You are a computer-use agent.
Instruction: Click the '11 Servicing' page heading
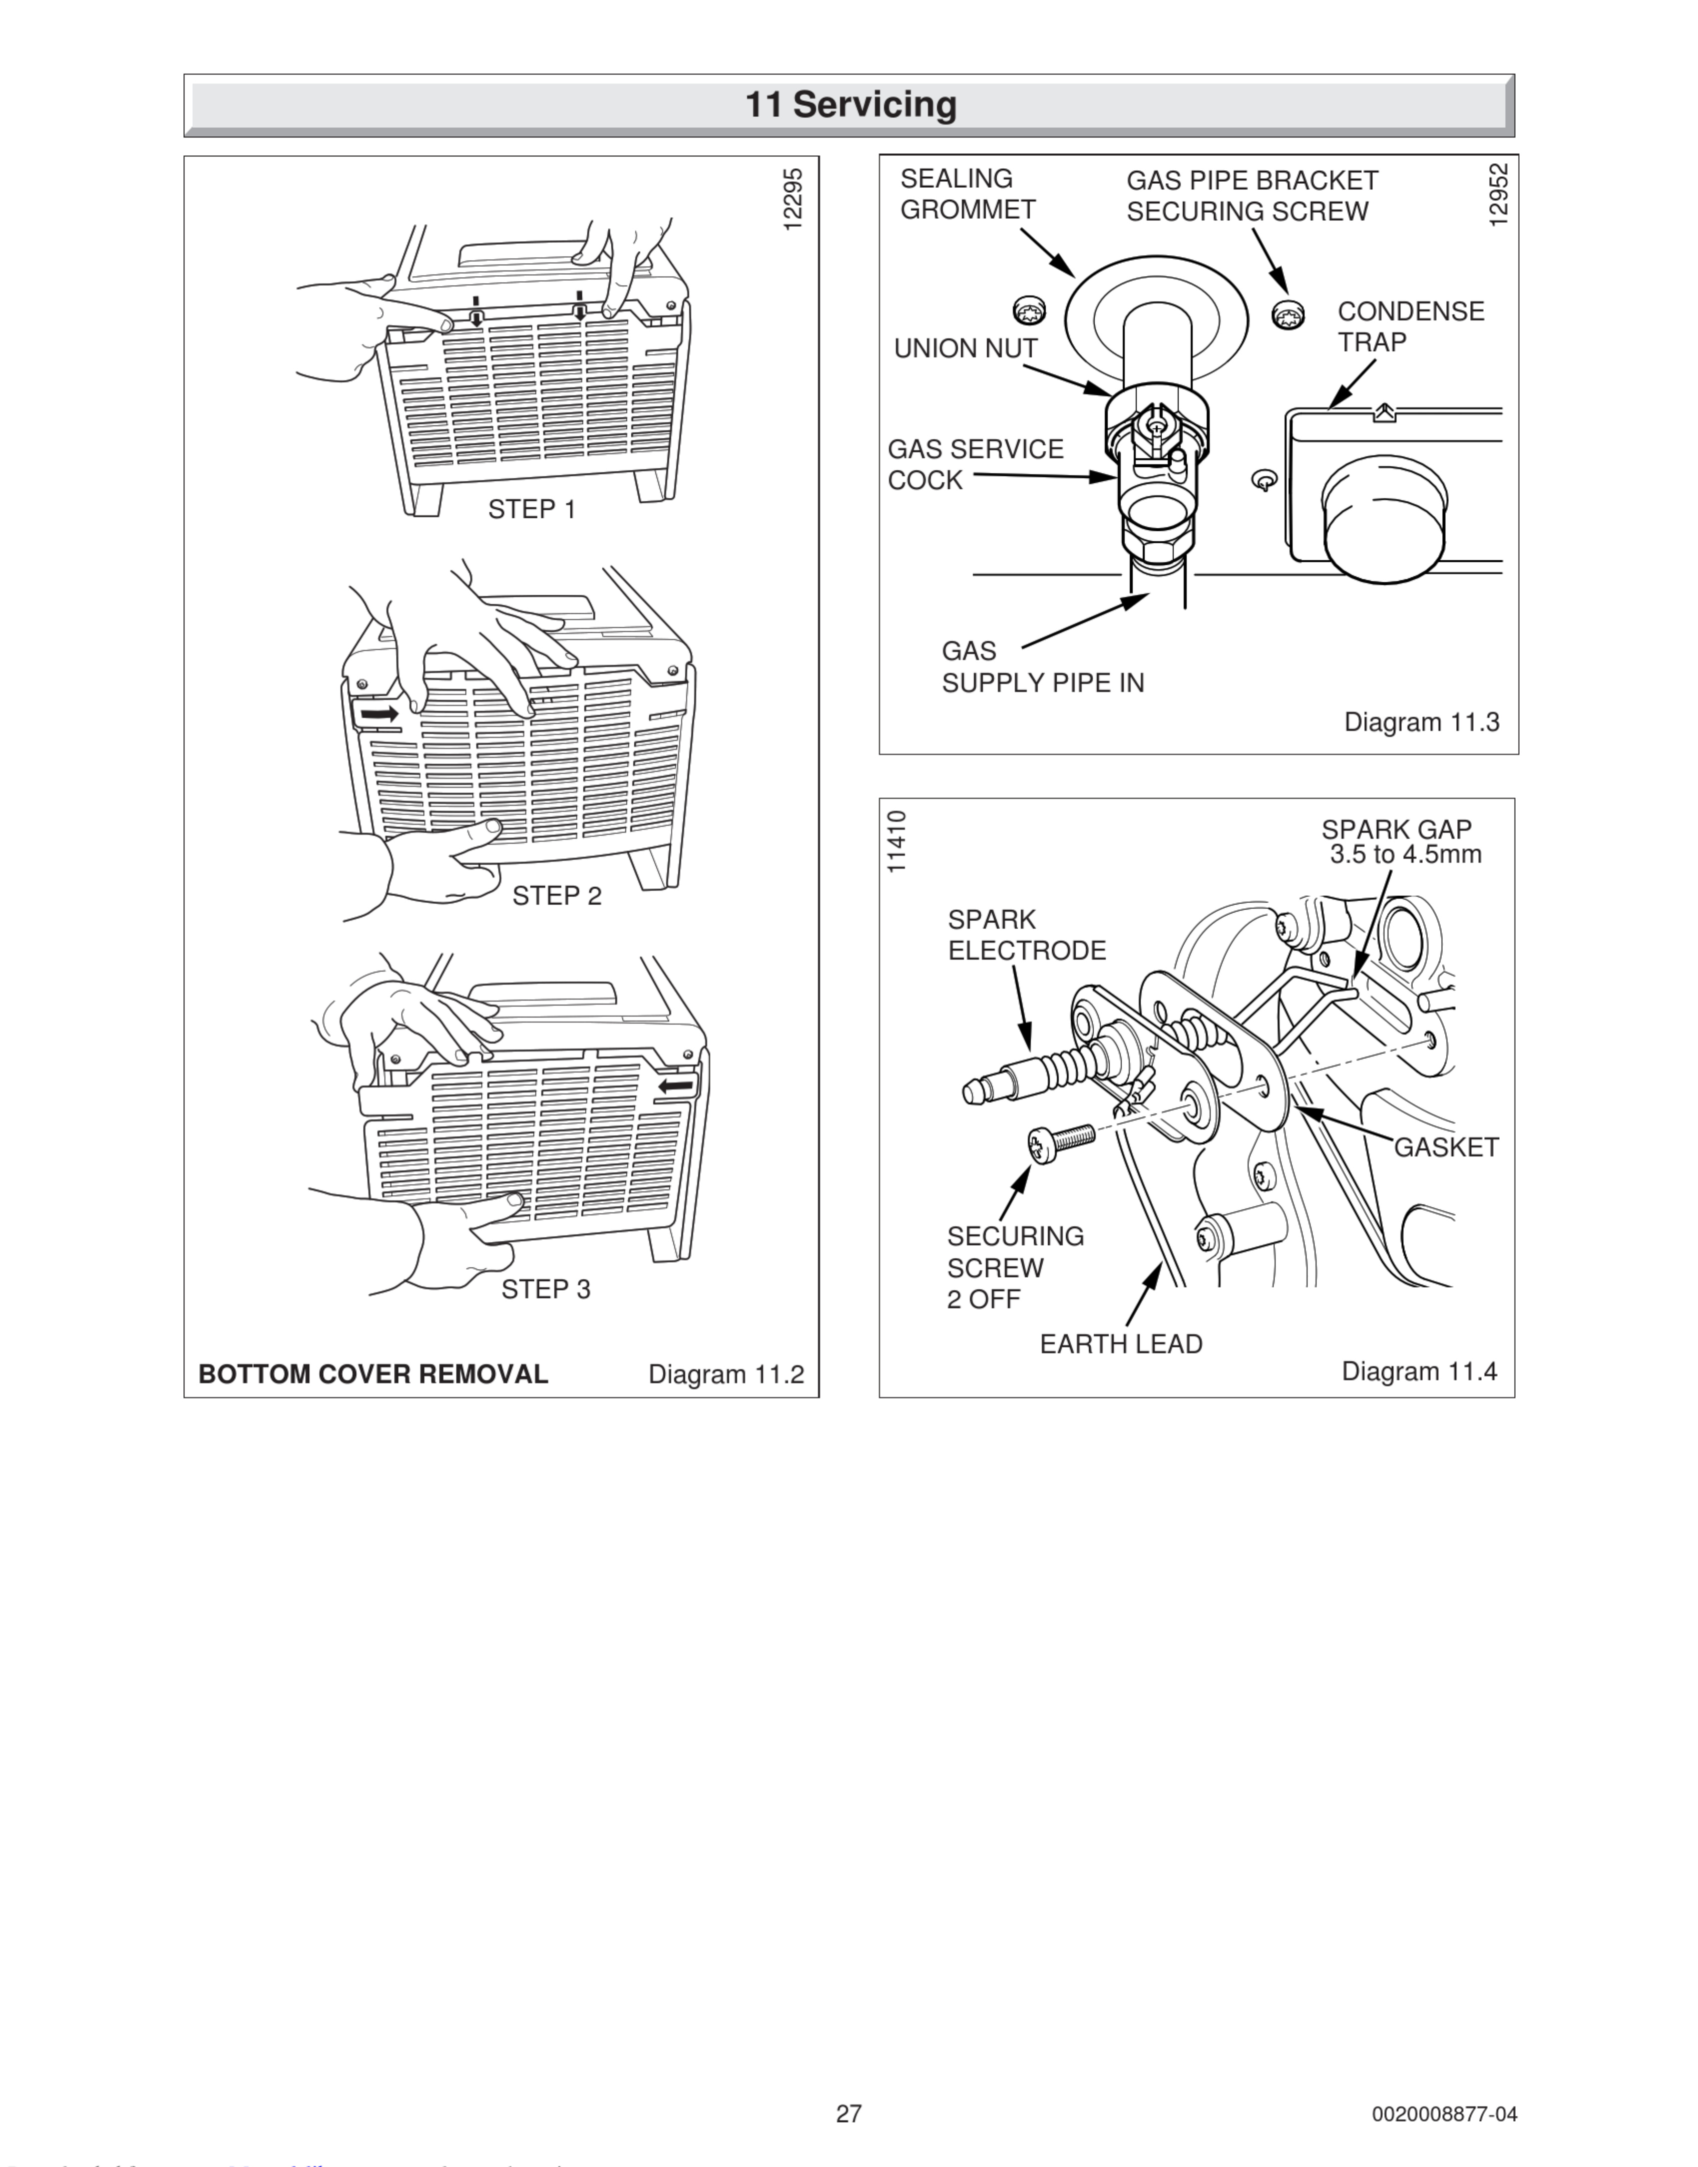pyautogui.click(x=850, y=104)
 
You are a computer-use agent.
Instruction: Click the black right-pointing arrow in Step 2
pyautogui.click(x=379, y=714)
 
